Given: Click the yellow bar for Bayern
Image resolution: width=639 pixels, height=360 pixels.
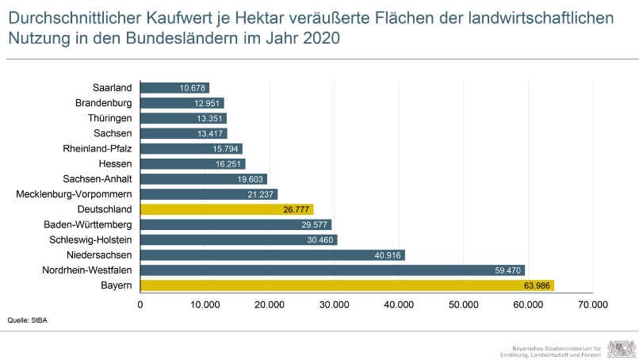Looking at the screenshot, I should [346, 285].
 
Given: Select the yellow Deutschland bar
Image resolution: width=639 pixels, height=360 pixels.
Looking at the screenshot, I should [227, 209].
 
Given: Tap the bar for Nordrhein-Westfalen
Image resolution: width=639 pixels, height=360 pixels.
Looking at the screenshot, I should [332, 270].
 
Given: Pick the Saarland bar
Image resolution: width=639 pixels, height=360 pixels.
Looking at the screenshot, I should [174, 87].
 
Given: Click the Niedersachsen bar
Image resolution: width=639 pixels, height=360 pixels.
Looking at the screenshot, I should [272, 255].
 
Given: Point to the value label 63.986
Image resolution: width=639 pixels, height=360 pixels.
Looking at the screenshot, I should [536, 285].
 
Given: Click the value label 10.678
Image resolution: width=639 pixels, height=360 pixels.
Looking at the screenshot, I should [193, 87].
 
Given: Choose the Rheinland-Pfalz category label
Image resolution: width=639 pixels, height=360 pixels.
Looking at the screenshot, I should [97, 148].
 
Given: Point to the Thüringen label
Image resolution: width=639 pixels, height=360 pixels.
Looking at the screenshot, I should [109, 118].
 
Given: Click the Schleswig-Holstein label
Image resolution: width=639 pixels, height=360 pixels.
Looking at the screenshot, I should [90, 239].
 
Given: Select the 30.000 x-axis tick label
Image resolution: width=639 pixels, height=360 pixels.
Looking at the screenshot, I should [334, 304].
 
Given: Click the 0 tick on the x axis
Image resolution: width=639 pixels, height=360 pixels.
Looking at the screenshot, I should [140, 304].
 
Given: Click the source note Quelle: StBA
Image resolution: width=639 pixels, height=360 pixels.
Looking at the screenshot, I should [25, 321].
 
